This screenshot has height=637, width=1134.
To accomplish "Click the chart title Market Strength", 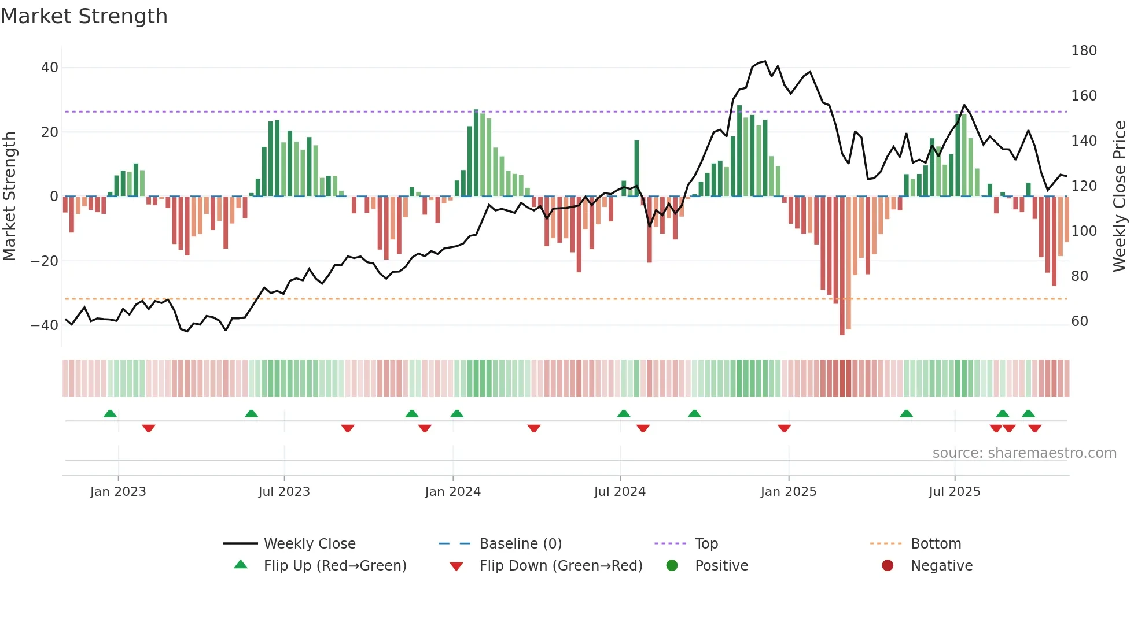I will point(84,16).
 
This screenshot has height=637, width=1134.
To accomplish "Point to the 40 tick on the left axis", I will point(50,68).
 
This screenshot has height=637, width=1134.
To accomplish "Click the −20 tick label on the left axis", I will point(45,261).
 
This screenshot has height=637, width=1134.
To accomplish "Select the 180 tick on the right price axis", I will point(1084,51).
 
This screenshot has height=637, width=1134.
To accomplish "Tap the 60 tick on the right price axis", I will point(1080,321).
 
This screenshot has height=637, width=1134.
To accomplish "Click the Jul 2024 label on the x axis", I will point(620,492).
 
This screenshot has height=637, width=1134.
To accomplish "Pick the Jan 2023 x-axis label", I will point(118,492).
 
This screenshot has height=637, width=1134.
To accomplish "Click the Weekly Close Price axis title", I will point(1120,197).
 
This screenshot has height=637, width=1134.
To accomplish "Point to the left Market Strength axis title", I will point(9,197).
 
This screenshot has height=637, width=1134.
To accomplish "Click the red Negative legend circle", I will point(888,566).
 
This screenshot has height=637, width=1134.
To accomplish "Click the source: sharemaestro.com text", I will point(1024,453).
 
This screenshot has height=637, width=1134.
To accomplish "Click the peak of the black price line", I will point(765,61).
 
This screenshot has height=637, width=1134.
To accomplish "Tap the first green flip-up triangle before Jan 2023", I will point(110,413).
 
